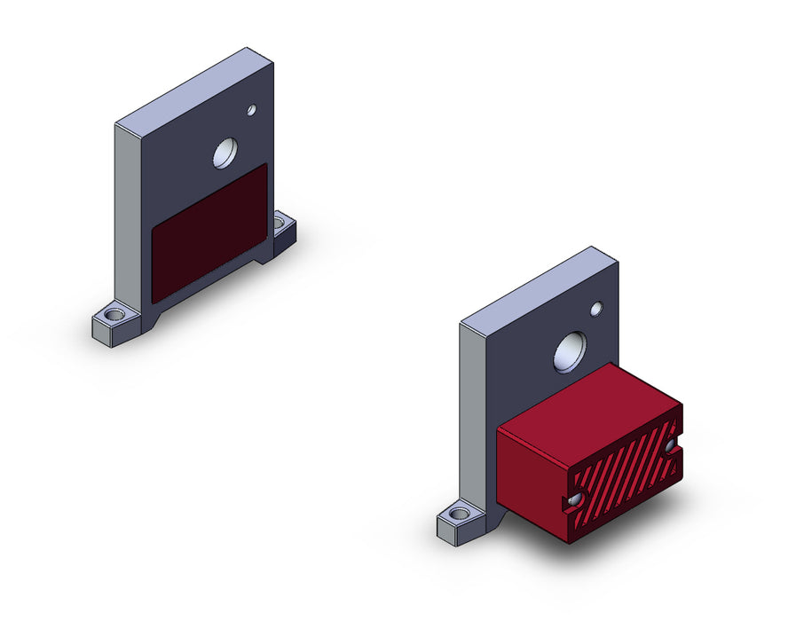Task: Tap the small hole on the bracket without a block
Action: pos(251,110)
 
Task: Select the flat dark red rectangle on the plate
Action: pos(209,232)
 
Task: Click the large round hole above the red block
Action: pos(570,352)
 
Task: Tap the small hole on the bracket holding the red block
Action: pos(596,309)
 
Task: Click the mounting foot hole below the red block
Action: pos(459,514)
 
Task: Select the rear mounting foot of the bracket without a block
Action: pos(283,233)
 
